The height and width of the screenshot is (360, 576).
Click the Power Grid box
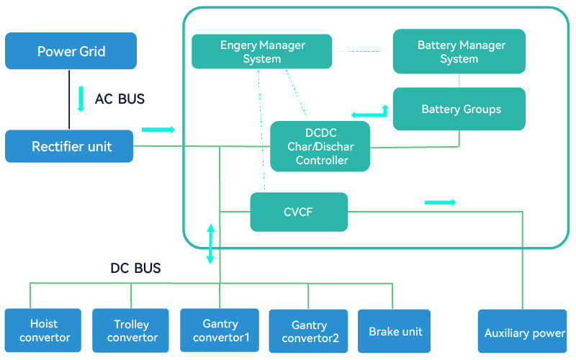coord(71,51)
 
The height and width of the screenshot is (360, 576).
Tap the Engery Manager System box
coord(262,52)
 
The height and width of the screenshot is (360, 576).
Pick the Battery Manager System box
coord(459,51)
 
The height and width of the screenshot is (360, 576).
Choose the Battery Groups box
coord(459,109)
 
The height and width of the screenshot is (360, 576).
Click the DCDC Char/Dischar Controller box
coord(320,146)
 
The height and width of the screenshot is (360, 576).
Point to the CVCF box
coord(299,212)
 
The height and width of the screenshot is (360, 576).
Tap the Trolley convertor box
coord(130,330)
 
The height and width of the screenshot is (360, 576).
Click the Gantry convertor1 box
coord(220,330)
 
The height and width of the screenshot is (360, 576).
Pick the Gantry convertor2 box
coord(310,331)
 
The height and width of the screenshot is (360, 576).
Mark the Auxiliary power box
coord(523,333)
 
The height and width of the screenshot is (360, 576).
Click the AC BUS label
coord(120,99)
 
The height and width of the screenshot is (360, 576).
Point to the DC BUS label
coord(135,269)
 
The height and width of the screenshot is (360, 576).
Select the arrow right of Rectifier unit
coord(158,130)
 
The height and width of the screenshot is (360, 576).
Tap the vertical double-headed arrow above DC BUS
coord(211,243)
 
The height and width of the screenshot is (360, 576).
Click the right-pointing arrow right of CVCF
coord(440,202)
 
